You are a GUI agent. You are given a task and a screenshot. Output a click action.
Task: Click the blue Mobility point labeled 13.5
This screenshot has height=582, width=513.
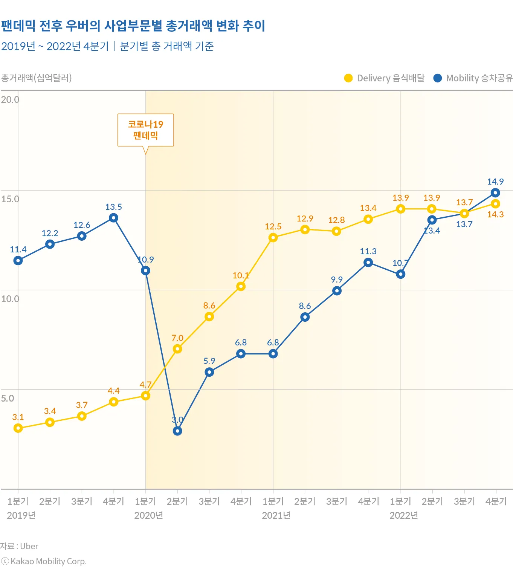[x=114, y=218]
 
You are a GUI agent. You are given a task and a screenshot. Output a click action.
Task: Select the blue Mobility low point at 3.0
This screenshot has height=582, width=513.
[x=177, y=431]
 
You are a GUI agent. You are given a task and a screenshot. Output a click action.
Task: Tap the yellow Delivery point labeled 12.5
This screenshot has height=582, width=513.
[x=273, y=237]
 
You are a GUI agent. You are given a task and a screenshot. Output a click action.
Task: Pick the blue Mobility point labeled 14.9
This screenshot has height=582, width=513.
[x=496, y=193]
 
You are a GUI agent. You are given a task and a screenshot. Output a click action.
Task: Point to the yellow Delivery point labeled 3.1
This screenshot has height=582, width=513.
[x=18, y=428]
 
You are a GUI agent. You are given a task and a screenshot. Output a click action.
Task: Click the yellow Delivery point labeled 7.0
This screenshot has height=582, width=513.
[x=177, y=349]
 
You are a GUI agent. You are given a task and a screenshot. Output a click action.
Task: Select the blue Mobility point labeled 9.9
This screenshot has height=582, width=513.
[x=337, y=291]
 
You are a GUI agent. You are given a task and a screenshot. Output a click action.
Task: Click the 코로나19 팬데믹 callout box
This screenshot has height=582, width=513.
[x=145, y=130]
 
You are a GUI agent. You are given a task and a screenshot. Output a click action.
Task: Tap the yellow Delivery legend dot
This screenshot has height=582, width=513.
[x=348, y=78]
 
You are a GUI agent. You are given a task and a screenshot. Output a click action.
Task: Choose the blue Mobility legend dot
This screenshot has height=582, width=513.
[x=437, y=78]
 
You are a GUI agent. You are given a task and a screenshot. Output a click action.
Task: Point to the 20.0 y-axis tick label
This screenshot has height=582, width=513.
[x=10, y=99]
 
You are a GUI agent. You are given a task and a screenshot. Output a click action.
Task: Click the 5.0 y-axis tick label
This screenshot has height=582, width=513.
[x=8, y=398]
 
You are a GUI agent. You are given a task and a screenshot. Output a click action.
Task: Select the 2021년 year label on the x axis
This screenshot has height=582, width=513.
[x=276, y=515]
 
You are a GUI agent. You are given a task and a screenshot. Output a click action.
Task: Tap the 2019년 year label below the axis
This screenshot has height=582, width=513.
[x=21, y=515]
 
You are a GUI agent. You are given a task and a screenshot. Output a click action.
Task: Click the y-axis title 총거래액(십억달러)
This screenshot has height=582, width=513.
[x=36, y=78]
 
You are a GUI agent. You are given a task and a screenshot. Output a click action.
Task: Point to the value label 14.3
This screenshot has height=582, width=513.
[x=495, y=214]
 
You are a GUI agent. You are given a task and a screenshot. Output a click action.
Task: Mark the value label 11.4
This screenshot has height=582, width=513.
[x=18, y=249]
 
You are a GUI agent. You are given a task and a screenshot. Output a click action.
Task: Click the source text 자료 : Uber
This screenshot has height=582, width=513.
[x=19, y=546]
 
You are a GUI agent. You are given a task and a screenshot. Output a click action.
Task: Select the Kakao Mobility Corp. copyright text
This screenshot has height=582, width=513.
[x=44, y=561]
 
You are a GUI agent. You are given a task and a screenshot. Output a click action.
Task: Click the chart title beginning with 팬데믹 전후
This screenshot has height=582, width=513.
[x=133, y=26]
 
